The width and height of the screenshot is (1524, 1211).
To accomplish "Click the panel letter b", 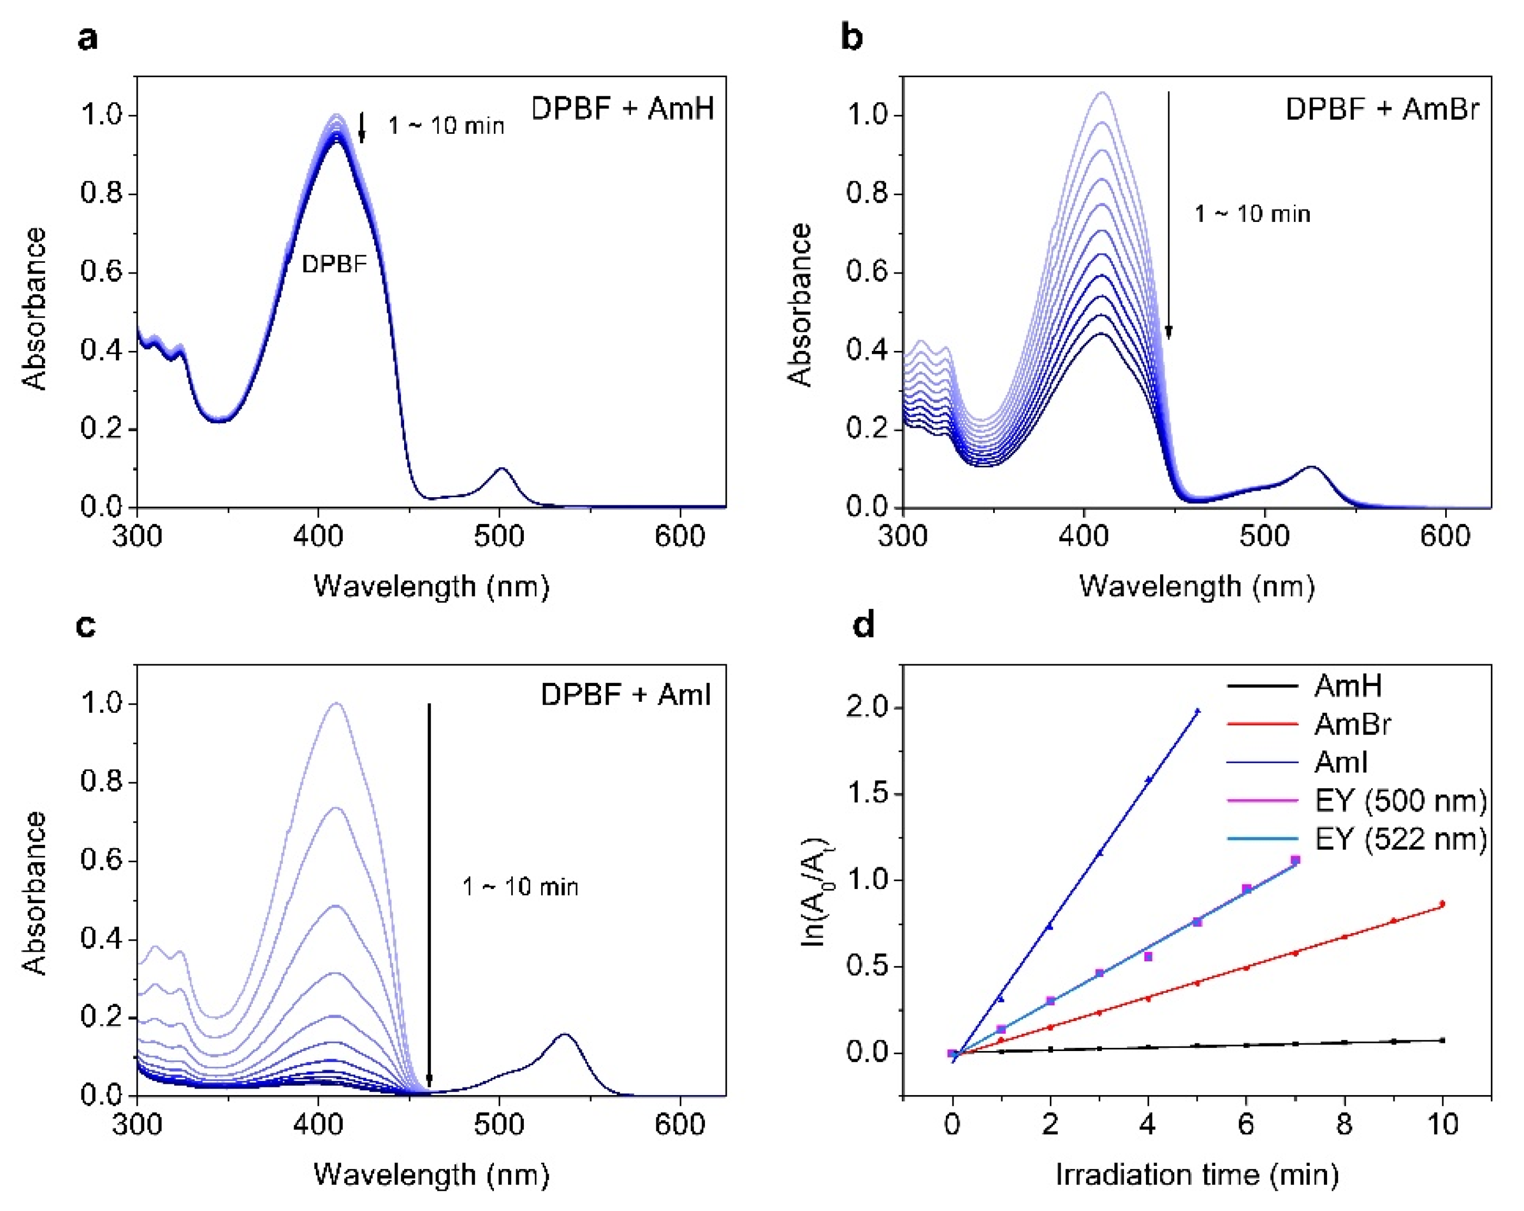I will pos(852,37).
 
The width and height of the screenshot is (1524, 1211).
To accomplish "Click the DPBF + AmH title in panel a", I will pos(622,109).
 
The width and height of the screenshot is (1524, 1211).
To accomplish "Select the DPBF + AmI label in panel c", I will pos(625,695).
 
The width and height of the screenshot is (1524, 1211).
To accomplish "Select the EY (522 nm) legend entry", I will pos(1399,838).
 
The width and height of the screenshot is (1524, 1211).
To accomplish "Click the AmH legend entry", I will pos(1347,685).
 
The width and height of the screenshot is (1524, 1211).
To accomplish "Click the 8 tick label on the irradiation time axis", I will pos(1344,1124).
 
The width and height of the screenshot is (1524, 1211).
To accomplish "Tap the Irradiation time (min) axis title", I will pos(1197,1174).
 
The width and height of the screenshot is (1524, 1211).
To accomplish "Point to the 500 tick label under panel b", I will pos(1265,536).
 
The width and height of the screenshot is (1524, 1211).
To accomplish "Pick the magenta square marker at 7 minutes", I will pos(1295,860).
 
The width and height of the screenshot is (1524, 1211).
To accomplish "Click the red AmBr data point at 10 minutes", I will pos(1442,904).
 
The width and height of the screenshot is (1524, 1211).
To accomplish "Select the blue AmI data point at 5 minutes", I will pos(1198,710).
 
